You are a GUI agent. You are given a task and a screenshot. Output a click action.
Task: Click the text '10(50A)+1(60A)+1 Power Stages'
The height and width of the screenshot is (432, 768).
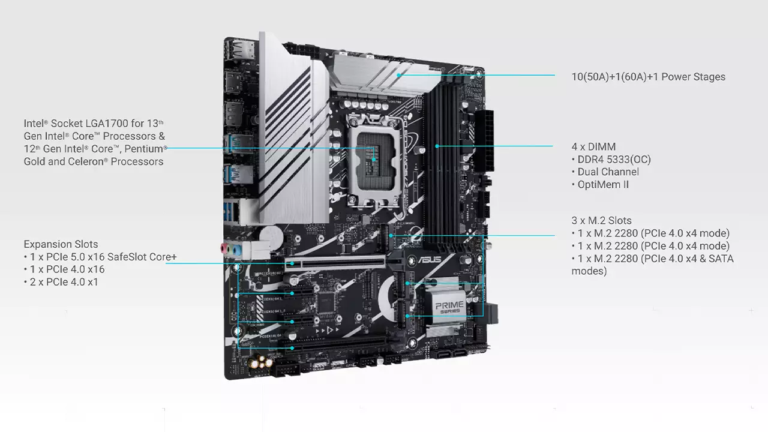tap(649, 77)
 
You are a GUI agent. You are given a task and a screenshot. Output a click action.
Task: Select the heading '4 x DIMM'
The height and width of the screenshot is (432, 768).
tap(593, 147)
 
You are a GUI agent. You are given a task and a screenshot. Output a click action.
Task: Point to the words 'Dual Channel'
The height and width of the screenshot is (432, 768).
tap(608, 172)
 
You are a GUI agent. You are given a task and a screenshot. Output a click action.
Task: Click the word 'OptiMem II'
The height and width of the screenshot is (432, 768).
tap(603, 184)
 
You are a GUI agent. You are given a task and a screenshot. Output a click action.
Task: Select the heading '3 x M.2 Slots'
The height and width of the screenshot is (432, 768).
tap(601, 220)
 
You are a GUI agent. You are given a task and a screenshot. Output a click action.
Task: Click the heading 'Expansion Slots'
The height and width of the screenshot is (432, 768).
tap(61, 244)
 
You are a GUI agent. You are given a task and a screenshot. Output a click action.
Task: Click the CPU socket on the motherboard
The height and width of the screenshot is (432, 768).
tap(375, 161)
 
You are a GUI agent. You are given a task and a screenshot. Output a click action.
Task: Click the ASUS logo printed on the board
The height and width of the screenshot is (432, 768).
tap(430, 260)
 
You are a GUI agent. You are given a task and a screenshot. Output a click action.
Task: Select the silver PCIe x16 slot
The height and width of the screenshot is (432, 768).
tap(335, 263)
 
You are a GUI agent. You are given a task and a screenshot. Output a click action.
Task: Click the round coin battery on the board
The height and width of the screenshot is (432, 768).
tap(271, 236)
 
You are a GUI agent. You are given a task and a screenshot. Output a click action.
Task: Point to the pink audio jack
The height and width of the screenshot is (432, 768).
tap(224, 248)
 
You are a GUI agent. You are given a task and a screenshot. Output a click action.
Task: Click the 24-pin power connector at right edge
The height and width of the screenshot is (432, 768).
tap(484, 141)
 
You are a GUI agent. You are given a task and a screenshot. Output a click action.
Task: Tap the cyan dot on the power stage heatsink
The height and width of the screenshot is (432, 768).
tap(399, 75)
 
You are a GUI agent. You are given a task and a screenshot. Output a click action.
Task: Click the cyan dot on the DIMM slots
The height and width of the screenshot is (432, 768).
tap(437, 146)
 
